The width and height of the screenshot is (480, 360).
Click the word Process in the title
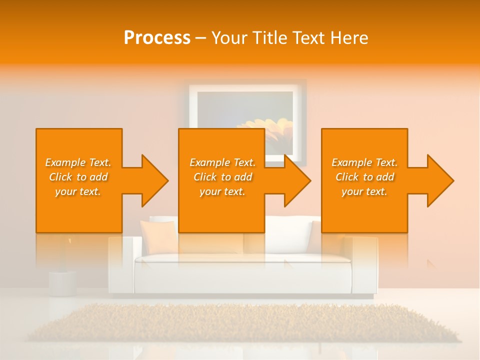tap(157, 38)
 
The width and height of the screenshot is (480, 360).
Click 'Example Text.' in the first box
tap(78, 162)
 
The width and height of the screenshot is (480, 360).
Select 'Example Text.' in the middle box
tap(222, 162)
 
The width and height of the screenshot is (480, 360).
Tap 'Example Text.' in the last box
tap(364, 162)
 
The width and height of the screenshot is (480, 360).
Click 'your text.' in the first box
tap(78, 191)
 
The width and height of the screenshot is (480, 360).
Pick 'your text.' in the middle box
tap(222, 191)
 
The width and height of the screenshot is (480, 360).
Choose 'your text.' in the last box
tap(364, 191)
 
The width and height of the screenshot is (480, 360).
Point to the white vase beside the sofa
tap(62, 282)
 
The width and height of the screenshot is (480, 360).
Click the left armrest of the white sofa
tap(121, 265)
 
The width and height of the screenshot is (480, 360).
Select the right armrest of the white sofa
tap(364, 265)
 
